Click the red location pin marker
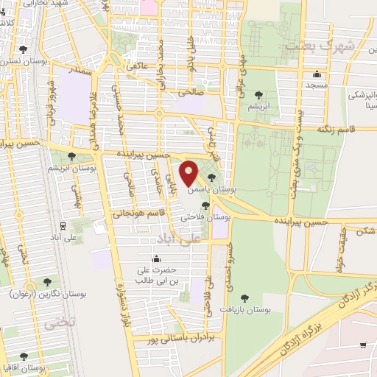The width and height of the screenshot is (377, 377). click(189, 174)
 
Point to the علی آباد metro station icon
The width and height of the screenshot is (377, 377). click(64, 226)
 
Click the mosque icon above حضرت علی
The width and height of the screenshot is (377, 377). click(156, 259)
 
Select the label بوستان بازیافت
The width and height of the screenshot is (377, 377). click(246, 311)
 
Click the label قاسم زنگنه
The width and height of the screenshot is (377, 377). click(336, 128)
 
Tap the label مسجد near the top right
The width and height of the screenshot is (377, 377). click(317, 85)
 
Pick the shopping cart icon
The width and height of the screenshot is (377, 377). click(362, 345)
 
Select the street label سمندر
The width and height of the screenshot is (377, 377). click(81, 73)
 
